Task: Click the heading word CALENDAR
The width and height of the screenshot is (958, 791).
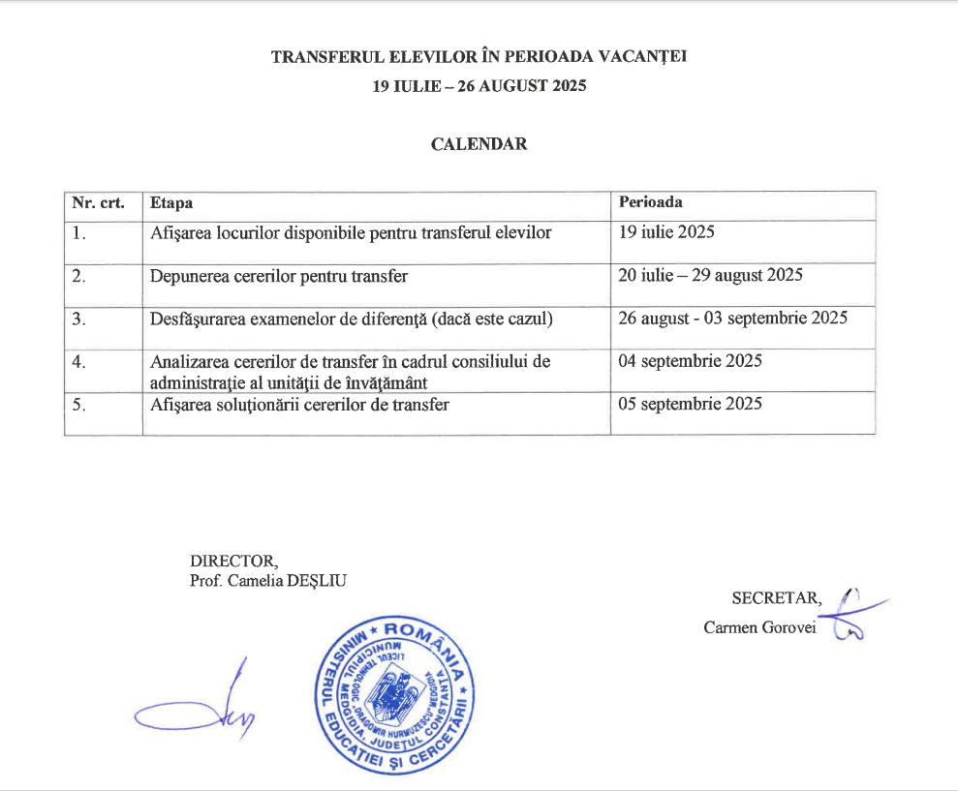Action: (479, 144)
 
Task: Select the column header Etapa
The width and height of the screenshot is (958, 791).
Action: (171, 203)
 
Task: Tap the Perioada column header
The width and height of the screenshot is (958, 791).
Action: (650, 202)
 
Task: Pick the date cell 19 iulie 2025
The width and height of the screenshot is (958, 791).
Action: (666, 232)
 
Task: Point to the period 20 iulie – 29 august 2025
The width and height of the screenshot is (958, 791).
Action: (710, 276)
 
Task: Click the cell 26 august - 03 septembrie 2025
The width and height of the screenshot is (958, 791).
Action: (732, 319)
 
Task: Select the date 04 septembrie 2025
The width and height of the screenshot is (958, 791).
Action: (690, 361)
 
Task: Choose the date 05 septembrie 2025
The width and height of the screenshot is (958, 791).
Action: (690, 404)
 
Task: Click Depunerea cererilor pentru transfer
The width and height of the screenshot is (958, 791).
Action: (279, 276)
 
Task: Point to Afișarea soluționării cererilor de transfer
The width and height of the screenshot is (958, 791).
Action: (299, 405)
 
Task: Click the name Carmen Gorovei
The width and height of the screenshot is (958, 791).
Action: (760, 627)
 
